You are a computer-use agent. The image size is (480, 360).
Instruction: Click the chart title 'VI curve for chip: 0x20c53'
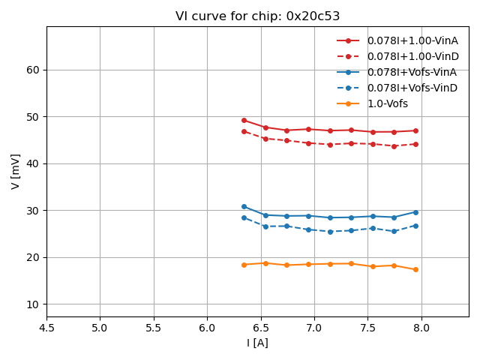tap(257, 16)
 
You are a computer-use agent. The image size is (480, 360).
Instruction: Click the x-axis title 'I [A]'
tap(257, 343)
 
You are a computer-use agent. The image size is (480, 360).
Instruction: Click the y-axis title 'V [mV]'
tap(16, 171)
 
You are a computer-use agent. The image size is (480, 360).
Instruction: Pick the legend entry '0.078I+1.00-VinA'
tap(412, 40)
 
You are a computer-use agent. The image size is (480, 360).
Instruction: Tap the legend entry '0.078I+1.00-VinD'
tap(412, 56)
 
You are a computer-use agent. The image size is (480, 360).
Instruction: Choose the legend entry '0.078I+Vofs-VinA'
tap(412, 72)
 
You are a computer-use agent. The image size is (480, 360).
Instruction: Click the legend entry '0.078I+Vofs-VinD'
tap(412, 88)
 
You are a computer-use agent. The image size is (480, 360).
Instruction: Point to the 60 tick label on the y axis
tap(33, 70)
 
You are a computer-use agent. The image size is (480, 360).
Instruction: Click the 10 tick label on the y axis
tap(33, 304)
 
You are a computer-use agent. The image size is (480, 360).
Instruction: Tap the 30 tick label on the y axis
tap(33, 211)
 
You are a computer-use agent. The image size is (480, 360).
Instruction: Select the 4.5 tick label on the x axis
tap(46, 328)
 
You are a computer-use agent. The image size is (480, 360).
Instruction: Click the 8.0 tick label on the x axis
tap(421, 328)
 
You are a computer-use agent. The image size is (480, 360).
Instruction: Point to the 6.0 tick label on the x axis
tap(207, 328)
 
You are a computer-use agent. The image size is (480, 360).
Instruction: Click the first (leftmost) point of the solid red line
tap(244, 120)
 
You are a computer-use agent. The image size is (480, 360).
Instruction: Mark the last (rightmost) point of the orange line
tap(415, 269)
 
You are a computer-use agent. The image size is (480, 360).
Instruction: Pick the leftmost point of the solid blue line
tap(244, 206)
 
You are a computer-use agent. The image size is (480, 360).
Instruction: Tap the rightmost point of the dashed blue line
tap(415, 226)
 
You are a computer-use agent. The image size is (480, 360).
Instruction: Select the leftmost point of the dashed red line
tap(244, 131)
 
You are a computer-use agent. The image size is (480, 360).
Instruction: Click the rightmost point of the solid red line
tap(415, 130)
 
